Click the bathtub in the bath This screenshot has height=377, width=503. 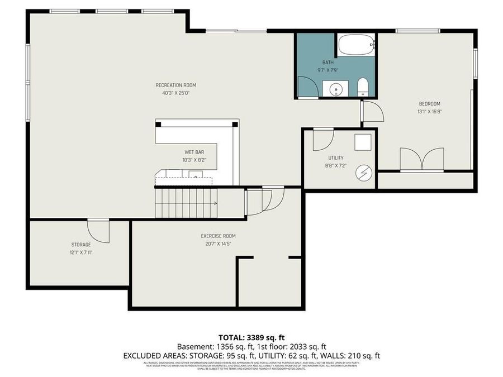click(356, 45)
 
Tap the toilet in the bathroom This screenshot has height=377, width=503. click(362, 87)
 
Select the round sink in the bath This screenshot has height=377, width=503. click(336, 88)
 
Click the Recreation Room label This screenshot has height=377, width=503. click(175, 85)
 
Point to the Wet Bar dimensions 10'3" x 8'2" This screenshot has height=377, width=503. click(194, 160)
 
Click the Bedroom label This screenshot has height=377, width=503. click(430, 104)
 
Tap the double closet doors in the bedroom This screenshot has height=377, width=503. click(422, 159)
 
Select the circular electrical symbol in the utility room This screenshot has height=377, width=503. click(364, 174)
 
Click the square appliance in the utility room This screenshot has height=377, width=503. click(363, 143)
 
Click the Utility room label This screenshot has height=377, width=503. click(336, 158)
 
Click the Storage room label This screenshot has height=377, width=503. click(80, 245)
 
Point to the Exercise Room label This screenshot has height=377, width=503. click(218, 236)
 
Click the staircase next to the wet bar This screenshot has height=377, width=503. click(186, 203)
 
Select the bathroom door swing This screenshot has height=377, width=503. click(307, 87)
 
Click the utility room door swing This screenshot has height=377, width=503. click(322, 140)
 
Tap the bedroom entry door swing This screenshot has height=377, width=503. click(372, 112)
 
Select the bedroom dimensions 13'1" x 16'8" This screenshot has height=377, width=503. click(430, 111)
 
